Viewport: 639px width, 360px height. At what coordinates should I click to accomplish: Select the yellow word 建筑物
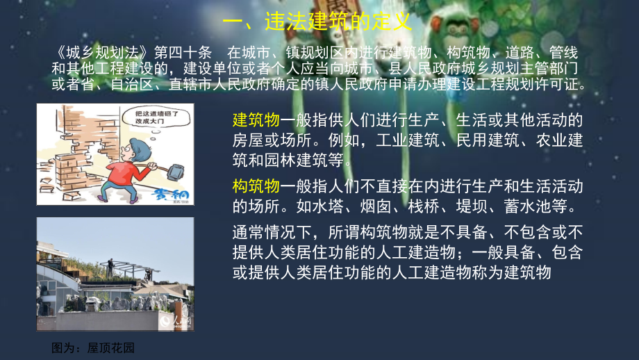(x=256, y=120)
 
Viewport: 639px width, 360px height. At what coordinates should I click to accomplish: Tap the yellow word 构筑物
(x=256, y=186)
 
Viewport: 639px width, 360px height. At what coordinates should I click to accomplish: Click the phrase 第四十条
(x=183, y=53)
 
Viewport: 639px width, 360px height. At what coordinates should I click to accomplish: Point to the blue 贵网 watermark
(x=169, y=195)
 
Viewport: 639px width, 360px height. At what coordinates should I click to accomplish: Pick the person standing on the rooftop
(x=110, y=268)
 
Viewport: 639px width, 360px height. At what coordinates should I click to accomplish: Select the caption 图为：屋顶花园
(x=93, y=347)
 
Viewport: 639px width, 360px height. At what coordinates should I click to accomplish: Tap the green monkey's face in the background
(x=456, y=28)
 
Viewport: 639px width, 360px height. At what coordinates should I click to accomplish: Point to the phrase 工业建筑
(x=408, y=140)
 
